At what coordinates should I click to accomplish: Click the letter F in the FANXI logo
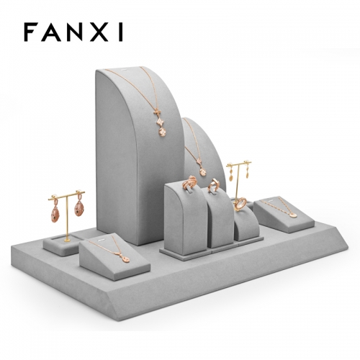[31, 32]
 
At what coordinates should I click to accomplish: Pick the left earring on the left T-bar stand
[55, 210]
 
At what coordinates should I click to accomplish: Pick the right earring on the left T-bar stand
[79, 207]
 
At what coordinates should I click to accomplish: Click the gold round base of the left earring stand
[67, 240]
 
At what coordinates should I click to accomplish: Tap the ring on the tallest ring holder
[189, 182]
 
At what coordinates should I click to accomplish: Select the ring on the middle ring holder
[213, 185]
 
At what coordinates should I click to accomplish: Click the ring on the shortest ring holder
[240, 204]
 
